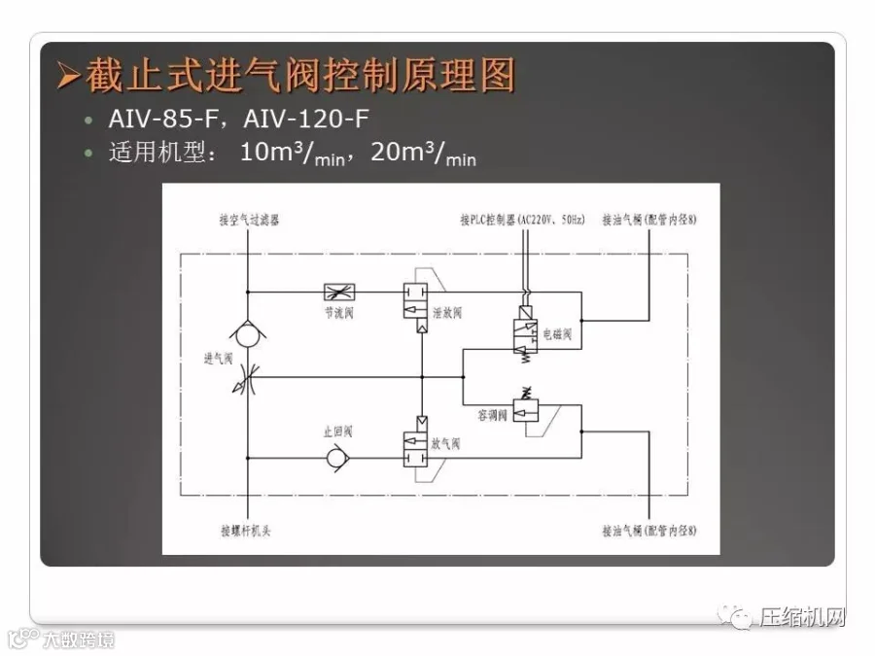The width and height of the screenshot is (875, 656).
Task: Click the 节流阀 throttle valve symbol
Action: click(338, 291)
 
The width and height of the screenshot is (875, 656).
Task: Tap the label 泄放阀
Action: click(446, 313)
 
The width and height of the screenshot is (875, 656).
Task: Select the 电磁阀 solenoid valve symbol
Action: click(526, 333)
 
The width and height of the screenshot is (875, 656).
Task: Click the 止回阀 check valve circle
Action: click(337, 458)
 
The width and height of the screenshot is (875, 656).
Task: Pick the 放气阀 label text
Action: click(445, 443)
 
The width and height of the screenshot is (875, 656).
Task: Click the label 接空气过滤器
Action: click(249, 221)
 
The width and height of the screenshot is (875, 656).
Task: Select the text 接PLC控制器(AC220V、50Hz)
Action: click(522, 220)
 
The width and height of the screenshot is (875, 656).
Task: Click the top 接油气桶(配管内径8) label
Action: click(648, 220)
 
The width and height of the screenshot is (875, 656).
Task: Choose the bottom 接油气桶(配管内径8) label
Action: click(648, 531)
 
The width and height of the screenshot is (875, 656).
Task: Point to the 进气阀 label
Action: click(218, 358)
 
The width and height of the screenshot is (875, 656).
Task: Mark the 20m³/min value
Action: click(424, 154)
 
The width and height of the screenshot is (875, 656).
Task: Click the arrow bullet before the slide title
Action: click(67, 76)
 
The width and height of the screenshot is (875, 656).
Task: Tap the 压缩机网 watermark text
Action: click(802, 618)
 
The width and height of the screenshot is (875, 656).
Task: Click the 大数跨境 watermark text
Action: click(78, 640)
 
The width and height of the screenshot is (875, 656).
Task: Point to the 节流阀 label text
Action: click(339, 314)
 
